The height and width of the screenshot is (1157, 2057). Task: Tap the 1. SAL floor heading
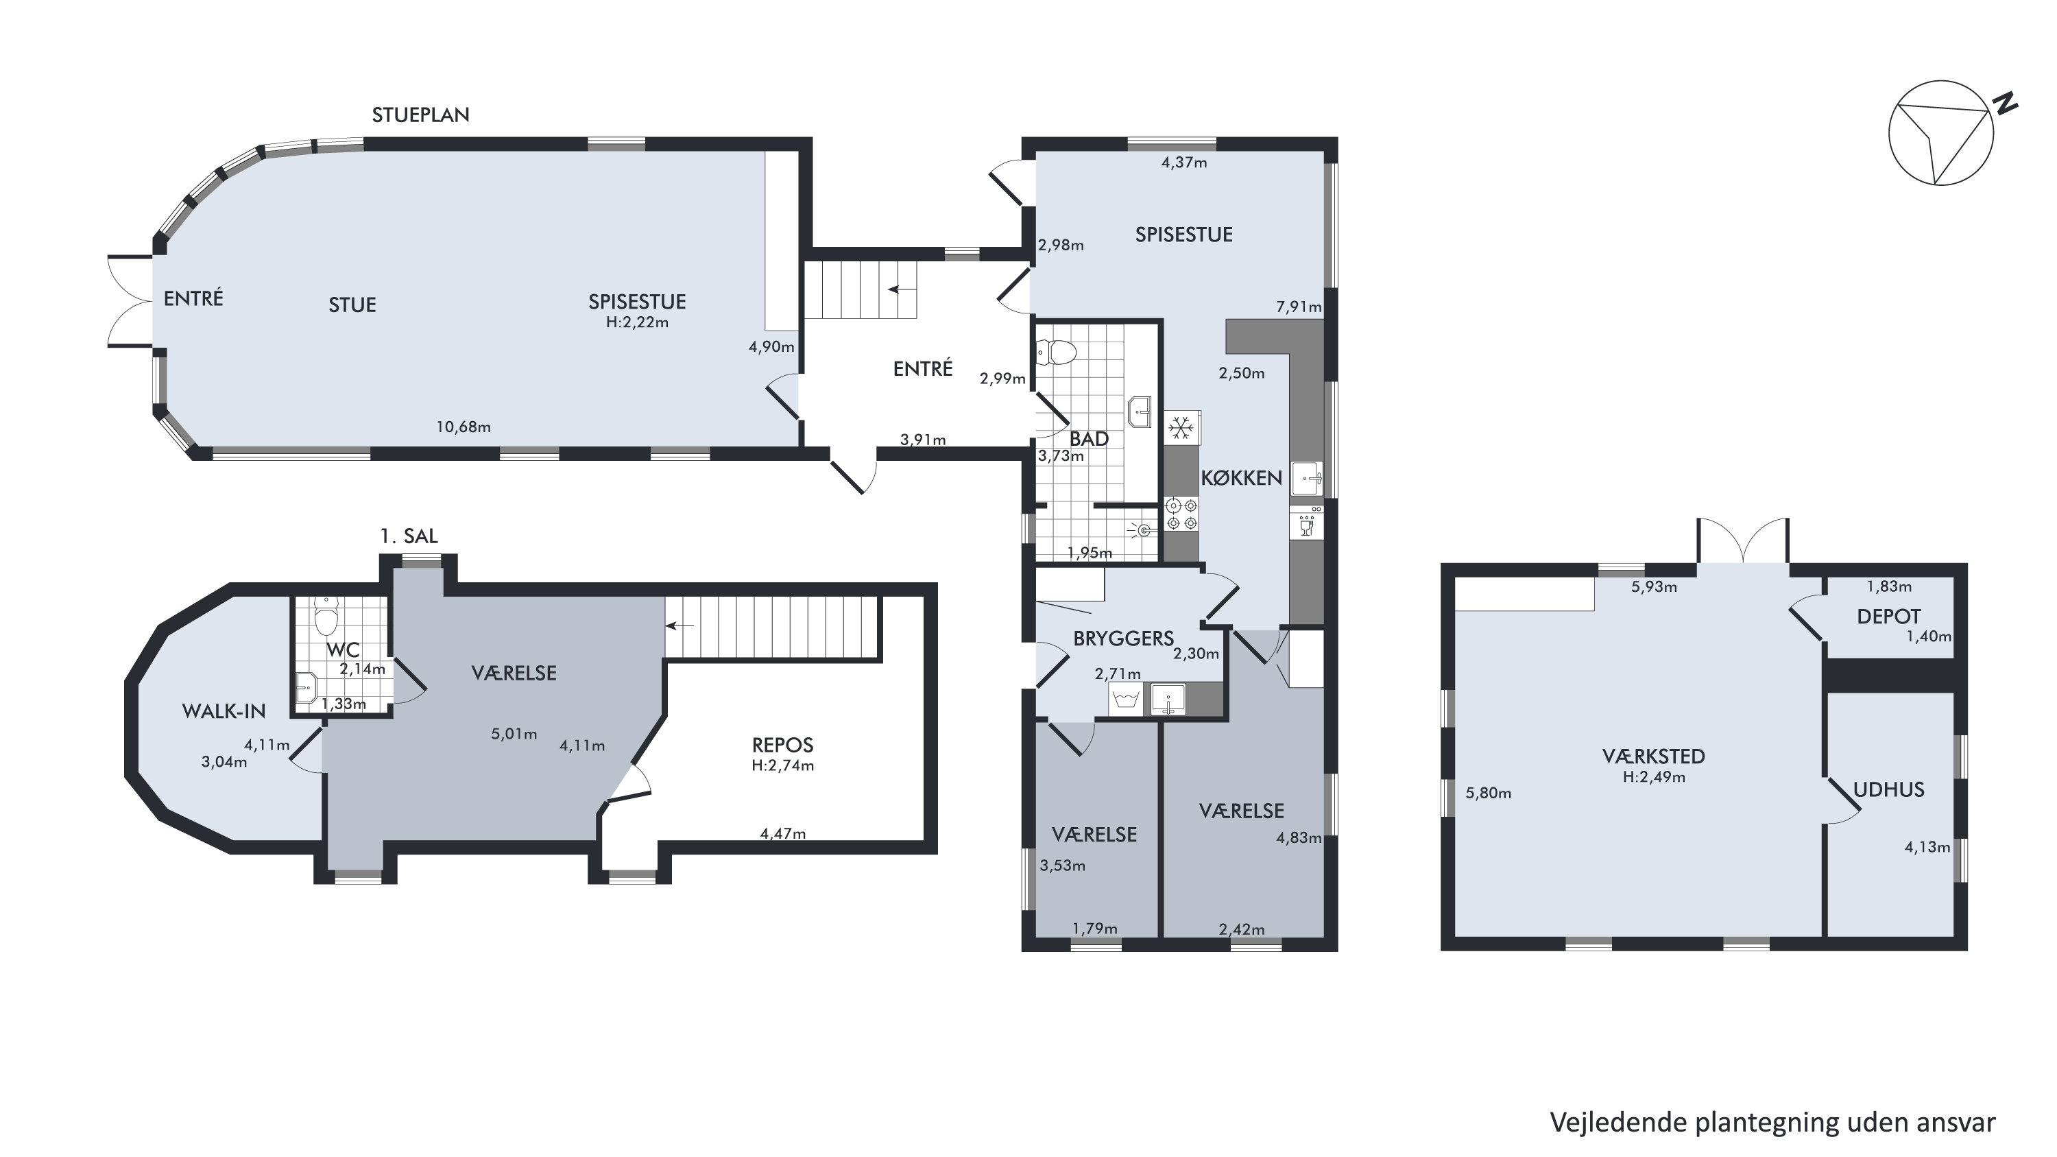[x=409, y=536]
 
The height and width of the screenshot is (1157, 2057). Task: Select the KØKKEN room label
[x=1242, y=477]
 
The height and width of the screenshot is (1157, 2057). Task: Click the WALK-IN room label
[x=224, y=711]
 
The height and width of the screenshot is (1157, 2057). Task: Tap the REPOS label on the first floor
[x=782, y=745]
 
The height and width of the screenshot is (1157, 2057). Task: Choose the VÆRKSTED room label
[x=1654, y=756]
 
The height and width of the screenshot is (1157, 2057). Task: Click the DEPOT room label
[x=1888, y=617]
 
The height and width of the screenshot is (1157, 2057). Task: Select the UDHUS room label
[x=1888, y=789]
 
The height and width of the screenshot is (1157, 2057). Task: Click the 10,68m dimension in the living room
[x=463, y=427]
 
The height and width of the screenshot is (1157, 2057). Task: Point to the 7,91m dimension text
[x=1299, y=307]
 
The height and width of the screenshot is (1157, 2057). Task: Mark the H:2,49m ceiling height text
[x=1654, y=777]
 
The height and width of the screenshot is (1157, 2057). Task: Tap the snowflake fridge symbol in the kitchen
[x=1181, y=429]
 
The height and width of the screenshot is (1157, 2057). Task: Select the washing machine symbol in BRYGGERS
[x=1126, y=700]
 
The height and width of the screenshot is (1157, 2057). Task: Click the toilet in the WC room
[x=326, y=615]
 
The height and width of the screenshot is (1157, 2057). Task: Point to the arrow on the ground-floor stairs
[x=902, y=290]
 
